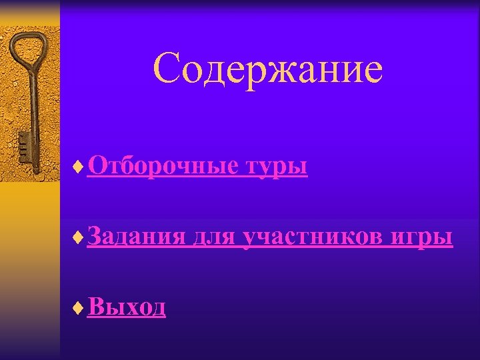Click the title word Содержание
click(267, 70)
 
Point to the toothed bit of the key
click(25, 147)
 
